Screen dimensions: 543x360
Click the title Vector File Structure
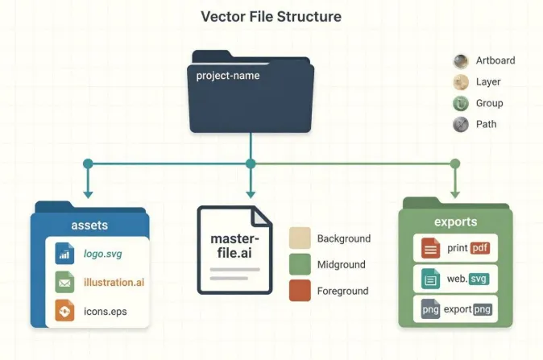point(271,17)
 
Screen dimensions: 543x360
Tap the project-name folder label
point(228,76)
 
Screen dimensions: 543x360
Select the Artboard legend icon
point(461,61)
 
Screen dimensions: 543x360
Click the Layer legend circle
point(461,82)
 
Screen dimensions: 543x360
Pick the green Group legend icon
point(461,104)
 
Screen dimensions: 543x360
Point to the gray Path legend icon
point(461,125)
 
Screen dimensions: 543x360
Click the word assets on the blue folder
point(89,226)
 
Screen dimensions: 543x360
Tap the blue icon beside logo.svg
point(64,254)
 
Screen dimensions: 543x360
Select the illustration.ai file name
point(114,282)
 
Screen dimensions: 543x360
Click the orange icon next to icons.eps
point(64,310)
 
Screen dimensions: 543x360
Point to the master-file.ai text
point(234,246)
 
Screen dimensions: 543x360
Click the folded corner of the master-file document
point(261,217)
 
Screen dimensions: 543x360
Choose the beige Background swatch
point(300,238)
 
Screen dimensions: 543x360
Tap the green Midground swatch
point(300,264)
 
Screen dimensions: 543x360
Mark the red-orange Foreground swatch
point(300,291)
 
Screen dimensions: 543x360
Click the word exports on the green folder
point(456,221)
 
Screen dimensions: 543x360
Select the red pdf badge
point(480,248)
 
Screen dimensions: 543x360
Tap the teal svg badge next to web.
point(479,279)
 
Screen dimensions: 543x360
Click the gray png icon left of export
point(430,308)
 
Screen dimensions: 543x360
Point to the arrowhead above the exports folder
point(455,195)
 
